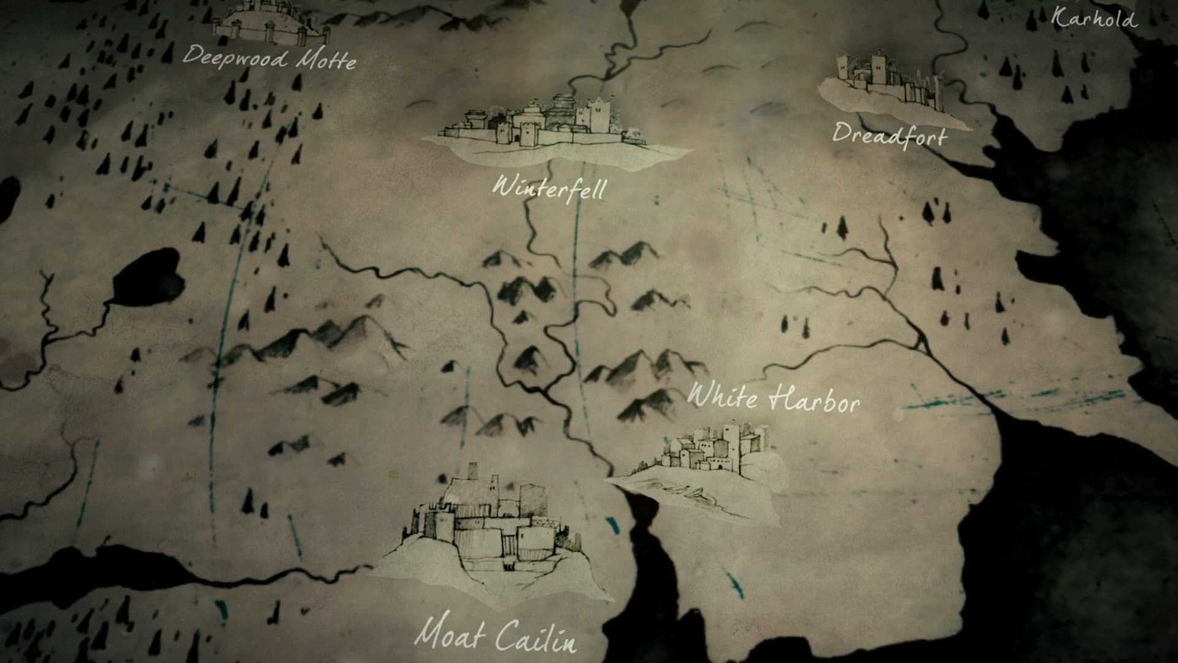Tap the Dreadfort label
coord(889,135)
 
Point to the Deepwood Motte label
coord(269,59)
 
